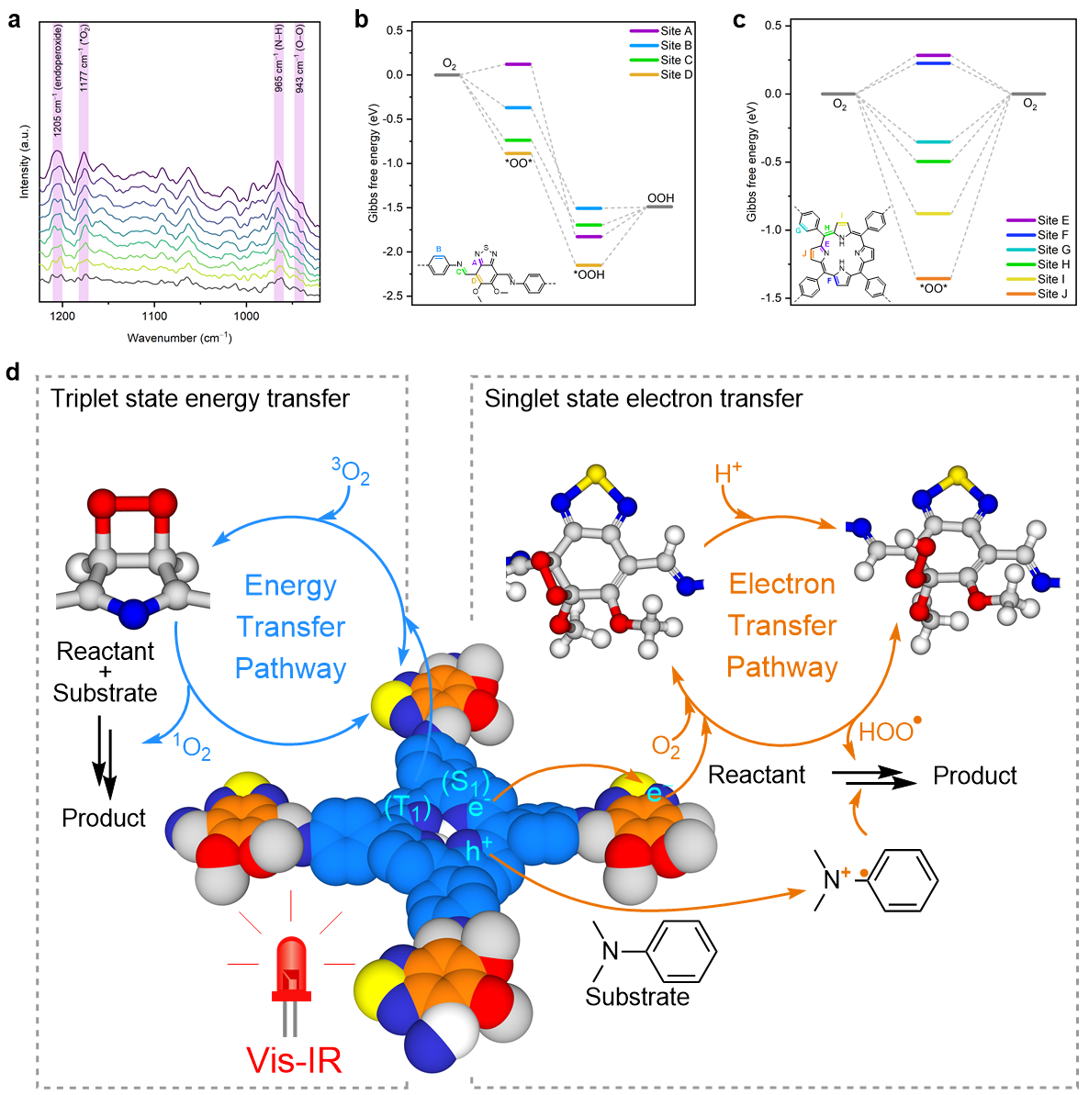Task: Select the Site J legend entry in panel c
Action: tap(1052, 294)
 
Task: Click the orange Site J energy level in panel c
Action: tap(933, 278)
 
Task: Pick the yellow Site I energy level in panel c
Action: tap(933, 214)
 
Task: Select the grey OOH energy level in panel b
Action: tap(659, 207)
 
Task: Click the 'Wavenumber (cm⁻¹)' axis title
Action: tap(179, 339)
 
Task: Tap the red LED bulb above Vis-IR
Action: tap(291, 964)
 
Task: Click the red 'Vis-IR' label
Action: tap(294, 1060)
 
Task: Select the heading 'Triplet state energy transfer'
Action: tap(200, 398)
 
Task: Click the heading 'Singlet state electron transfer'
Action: tap(644, 398)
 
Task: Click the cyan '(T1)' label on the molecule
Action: tap(408, 808)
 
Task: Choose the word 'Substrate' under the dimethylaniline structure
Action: tap(637, 997)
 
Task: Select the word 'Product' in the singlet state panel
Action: tap(974, 777)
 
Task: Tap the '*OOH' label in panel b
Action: tap(589, 274)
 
